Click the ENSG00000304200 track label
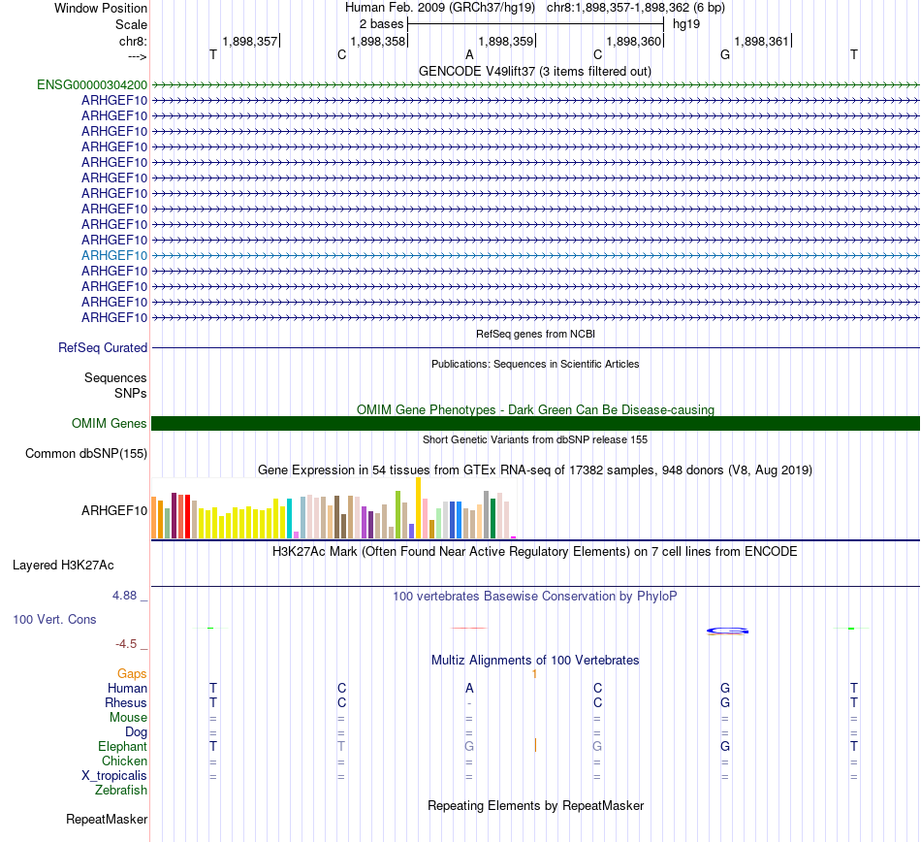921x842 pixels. [x=92, y=84]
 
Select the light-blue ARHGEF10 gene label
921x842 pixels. [x=114, y=255]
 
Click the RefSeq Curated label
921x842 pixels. [x=103, y=347]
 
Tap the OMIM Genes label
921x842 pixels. [x=110, y=423]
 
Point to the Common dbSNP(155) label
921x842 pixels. [x=86, y=453]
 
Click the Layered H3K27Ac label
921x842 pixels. [x=77, y=564]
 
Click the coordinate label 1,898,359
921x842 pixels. [x=505, y=41]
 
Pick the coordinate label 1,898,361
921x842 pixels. [x=762, y=41]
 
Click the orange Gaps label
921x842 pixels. [x=132, y=673]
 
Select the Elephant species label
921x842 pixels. [x=122, y=747]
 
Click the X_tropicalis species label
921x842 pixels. [x=114, y=776]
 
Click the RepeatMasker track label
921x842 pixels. [x=107, y=820]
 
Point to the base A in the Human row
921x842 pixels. [x=469, y=688]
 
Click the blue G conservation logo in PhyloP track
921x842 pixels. [x=727, y=631]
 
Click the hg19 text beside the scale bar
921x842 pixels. [x=686, y=22]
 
